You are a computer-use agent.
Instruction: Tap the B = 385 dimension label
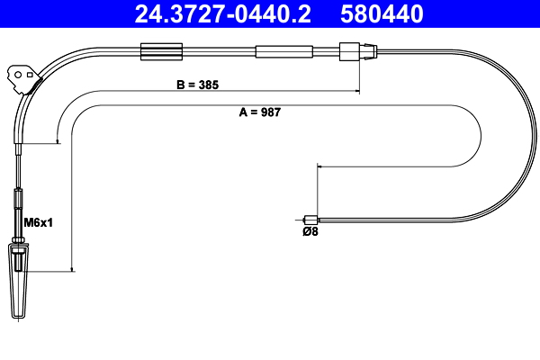(196, 84)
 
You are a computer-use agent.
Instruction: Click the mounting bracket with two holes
(22, 75)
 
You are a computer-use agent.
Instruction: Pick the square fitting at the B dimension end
(347, 52)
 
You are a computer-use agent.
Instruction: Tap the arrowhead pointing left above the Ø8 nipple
(319, 165)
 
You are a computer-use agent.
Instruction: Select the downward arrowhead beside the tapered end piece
(70, 267)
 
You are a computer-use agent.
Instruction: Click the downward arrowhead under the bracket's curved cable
(58, 140)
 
